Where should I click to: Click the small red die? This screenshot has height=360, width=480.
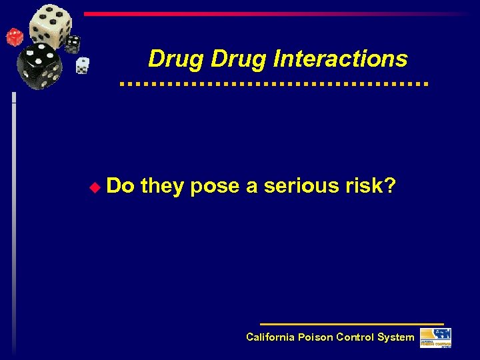point(14,37)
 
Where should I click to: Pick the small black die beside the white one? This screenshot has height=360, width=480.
point(73,43)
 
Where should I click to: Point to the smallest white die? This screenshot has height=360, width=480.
point(82,65)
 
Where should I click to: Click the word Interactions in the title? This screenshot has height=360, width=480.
point(340,59)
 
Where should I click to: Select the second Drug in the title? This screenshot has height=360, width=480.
point(239,59)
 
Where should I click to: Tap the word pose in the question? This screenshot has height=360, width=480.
point(215,186)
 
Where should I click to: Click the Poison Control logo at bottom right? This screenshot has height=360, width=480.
point(435,338)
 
